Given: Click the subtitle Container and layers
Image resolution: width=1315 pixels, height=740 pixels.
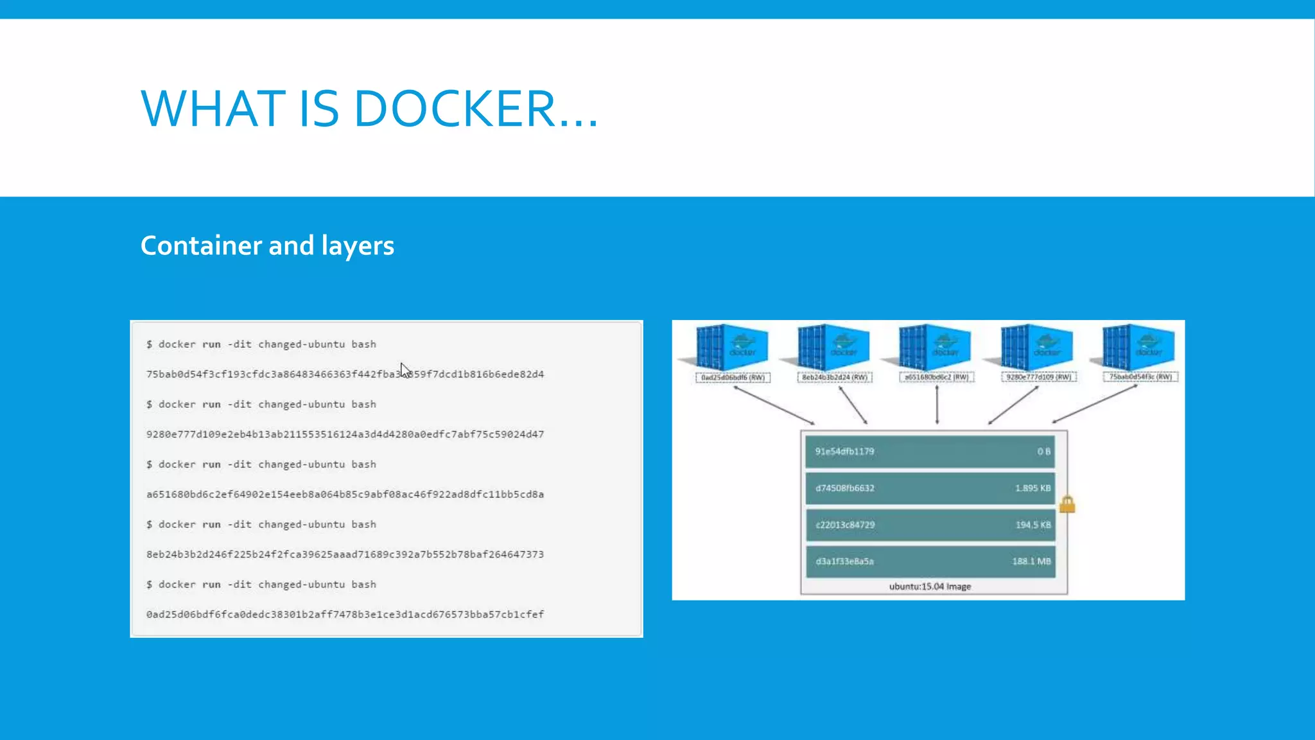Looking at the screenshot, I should (x=267, y=246).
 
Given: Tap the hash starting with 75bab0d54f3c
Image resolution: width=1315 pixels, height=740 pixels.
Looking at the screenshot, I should (x=344, y=374).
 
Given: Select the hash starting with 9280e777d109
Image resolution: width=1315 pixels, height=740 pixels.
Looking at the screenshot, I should (x=344, y=435).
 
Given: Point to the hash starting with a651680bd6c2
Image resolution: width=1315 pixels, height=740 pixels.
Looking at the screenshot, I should (x=344, y=495).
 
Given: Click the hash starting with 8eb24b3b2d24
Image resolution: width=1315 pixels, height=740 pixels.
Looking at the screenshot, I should (x=344, y=554).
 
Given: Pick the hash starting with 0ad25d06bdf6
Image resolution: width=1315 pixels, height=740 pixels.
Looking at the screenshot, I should (x=344, y=615).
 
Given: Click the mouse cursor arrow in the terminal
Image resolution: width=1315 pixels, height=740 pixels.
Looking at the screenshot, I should (x=405, y=371).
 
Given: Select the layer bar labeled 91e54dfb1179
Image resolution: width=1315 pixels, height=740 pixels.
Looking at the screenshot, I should (x=930, y=452).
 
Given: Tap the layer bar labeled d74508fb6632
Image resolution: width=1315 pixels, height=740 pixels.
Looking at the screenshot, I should (x=930, y=488).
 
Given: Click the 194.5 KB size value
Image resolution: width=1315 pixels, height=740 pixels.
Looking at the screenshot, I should (x=1032, y=525).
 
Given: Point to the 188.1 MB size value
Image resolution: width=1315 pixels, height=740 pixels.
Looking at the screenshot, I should (x=1031, y=561).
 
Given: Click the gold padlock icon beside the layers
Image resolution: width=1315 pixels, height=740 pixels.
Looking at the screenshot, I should (x=1067, y=504).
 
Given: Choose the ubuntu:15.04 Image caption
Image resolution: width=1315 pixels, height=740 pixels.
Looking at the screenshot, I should (x=930, y=586).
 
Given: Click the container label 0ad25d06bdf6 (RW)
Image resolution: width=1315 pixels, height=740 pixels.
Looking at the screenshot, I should (x=733, y=378).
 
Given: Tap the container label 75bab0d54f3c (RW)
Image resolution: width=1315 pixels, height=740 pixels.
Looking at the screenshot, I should (x=1140, y=377).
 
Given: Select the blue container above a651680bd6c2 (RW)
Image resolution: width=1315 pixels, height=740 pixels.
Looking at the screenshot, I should (x=935, y=347).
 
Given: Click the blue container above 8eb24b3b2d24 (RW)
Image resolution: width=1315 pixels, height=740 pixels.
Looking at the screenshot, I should (x=833, y=347).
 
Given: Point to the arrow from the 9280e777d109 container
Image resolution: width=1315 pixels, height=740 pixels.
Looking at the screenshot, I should (x=1013, y=405).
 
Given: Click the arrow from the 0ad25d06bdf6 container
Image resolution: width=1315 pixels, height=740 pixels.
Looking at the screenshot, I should (x=774, y=405).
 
